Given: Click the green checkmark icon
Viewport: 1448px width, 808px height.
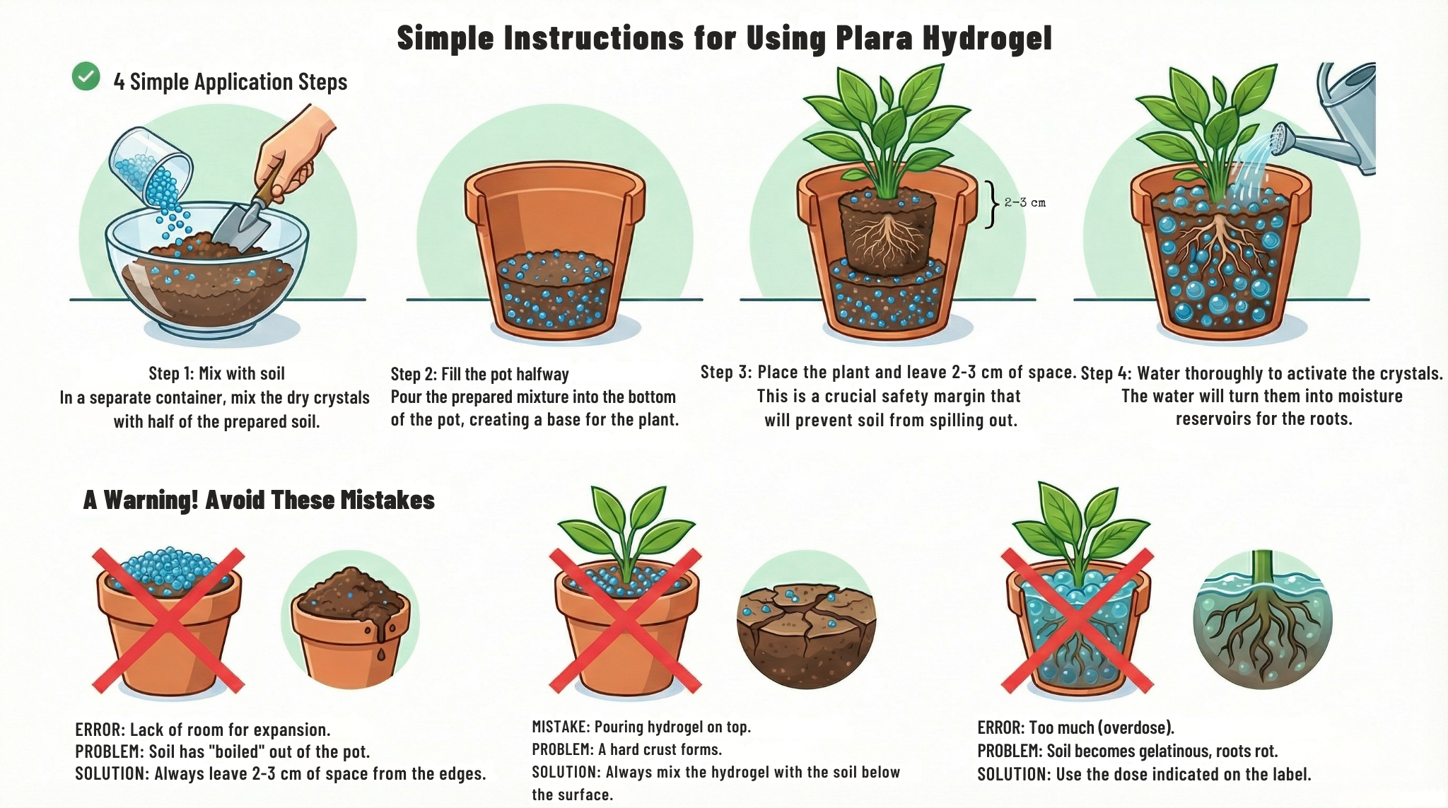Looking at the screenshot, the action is tap(86, 76).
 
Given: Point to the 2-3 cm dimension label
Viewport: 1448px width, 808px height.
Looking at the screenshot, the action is tap(1024, 203).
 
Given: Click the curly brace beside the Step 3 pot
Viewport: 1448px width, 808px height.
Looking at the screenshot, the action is tap(992, 204).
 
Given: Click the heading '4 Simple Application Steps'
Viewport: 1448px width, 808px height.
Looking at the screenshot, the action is tap(230, 82).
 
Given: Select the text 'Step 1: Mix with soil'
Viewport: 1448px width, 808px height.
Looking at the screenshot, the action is tap(216, 373).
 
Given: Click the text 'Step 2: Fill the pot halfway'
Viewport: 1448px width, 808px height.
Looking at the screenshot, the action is tap(479, 374).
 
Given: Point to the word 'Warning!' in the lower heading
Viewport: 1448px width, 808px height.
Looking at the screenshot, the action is tap(151, 500).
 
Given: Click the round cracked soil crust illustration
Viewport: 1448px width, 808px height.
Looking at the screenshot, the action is tap(806, 620).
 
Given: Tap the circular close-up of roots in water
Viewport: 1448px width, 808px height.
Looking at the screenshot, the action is tap(1262, 620).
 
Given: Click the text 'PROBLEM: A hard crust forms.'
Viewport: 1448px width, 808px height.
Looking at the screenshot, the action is tap(626, 749).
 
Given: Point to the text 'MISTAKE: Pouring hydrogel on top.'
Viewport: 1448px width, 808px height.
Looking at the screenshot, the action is tap(641, 727).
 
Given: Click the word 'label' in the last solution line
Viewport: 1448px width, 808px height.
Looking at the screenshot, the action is tap(1291, 774).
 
